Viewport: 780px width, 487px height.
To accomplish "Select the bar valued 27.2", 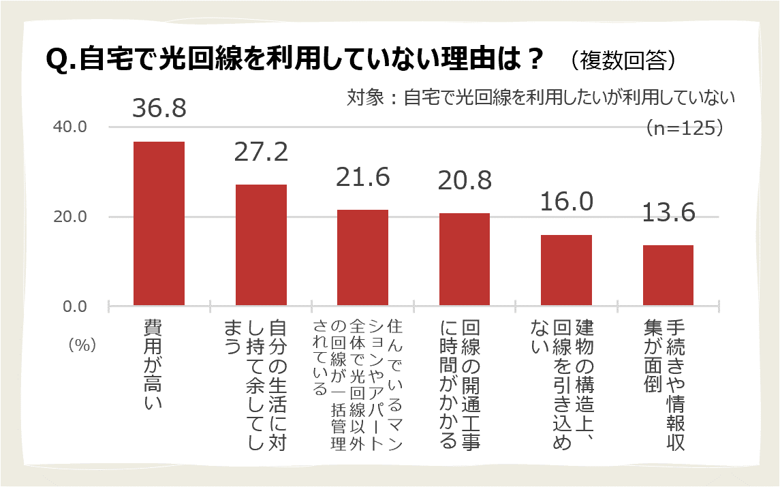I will (x=261, y=245).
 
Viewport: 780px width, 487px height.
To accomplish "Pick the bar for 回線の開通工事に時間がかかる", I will (x=465, y=260).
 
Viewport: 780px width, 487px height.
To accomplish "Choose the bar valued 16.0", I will (x=566, y=270).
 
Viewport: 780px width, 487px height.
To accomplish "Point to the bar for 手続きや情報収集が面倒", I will (x=668, y=275).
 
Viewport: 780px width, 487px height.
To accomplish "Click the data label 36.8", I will (x=159, y=109).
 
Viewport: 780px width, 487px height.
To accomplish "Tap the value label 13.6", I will (x=668, y=213).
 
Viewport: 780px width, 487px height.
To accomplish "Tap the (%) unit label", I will (x=81, y=345).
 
